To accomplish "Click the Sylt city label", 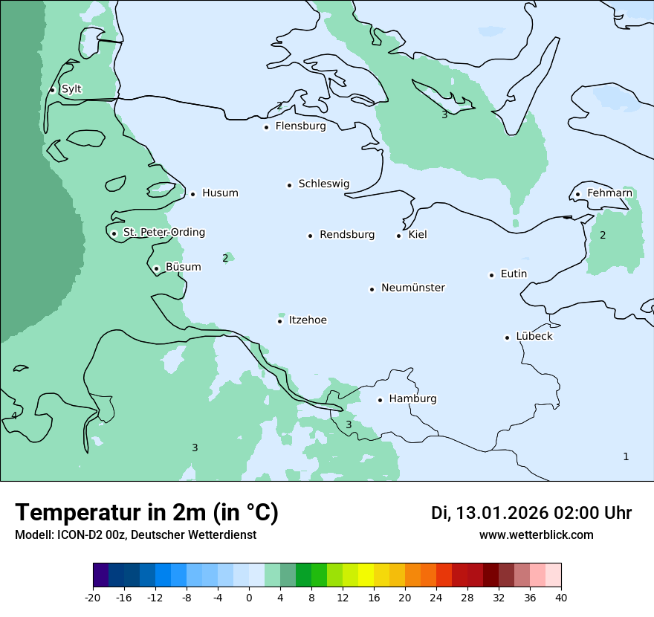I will click(x=71, y=89).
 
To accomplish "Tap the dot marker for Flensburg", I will click(x=266, y=127).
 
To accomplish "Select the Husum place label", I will click(x=220, y=193).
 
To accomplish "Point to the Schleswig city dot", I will click(x=289, y=185).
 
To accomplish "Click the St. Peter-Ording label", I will click(x=163, y=233).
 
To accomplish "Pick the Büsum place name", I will click(x=183, y=267).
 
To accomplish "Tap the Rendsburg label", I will click(x=347, y=235).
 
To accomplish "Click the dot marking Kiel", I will click(x=398, y=236).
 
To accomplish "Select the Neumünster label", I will click(x=413, y=288).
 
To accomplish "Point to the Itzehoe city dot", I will click(x=279, y=321).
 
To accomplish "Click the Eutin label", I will click(x=514, y=274).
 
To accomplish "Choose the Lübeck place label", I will click(x=534, y=336).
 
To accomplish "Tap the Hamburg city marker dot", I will click(x=380, y=400).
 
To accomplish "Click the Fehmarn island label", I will click(x=609, y=193).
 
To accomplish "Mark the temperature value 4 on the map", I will click(x=14, y=416).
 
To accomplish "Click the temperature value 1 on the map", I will click(x=626, y=456).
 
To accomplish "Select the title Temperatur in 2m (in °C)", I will click(x=146, y=512).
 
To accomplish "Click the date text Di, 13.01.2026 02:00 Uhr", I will click(x=531, y=513).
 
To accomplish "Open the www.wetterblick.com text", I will click(x=536, y=535).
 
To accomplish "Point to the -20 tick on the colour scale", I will click(x=93, y=598).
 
